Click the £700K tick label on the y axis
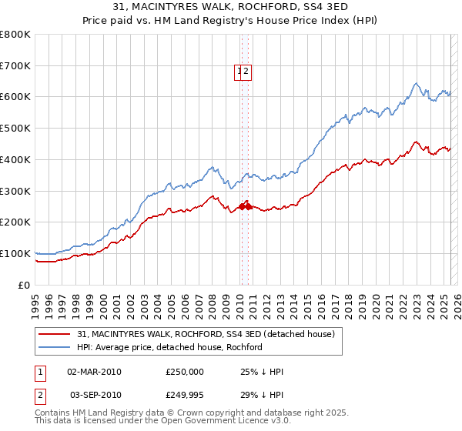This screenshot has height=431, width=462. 15,66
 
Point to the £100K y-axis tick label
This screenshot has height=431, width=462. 15,254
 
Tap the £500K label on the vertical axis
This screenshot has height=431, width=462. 15,129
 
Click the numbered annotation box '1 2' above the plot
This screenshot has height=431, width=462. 243,72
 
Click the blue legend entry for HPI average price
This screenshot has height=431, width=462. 169,347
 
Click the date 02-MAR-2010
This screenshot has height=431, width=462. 95,372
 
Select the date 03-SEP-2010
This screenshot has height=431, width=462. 95,395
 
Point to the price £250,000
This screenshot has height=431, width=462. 185,372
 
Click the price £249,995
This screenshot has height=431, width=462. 185,395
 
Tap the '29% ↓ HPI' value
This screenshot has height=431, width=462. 262,395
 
